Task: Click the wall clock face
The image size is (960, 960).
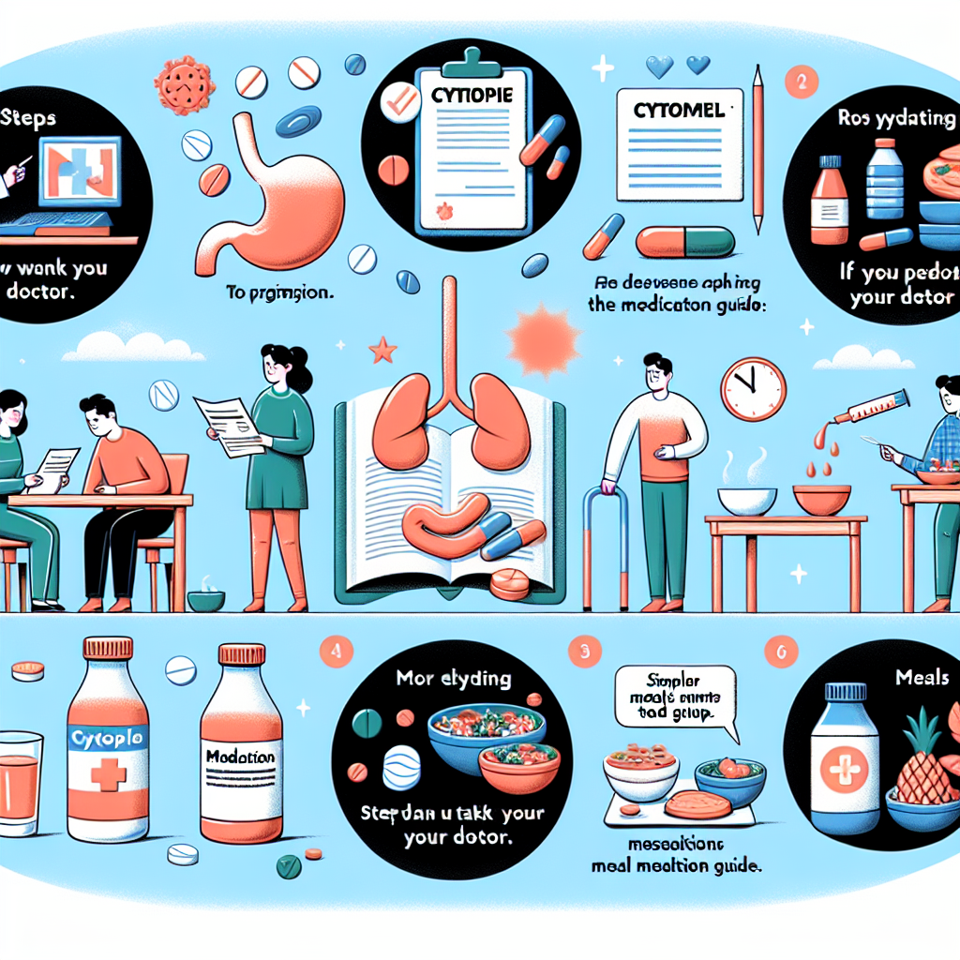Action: point(753,389)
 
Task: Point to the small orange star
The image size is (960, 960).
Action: point(382,352)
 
